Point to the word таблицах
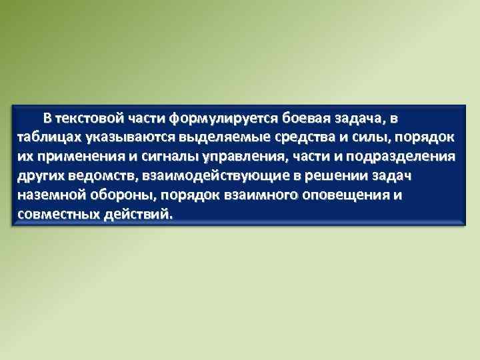(x=46, y=137)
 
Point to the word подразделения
(x=400, y=157)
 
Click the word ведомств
(x=96, y=177)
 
